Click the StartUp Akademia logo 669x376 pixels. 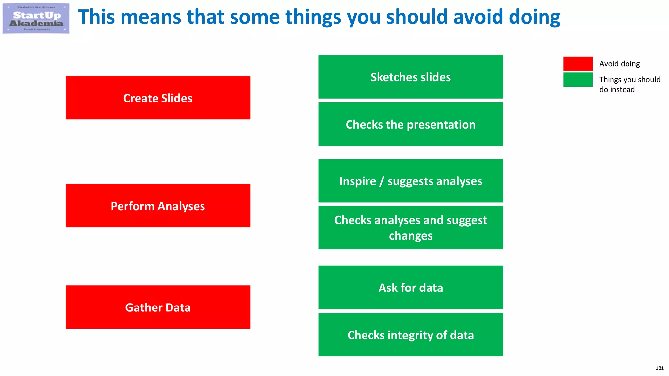tap(36, 19)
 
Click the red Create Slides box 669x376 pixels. tap(158, 98)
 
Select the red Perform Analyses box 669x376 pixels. tap(158, 206)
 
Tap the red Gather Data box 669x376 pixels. tap(158, 307)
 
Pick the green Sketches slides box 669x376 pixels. tap(411, 77)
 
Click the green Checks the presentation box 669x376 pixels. tap(411, 124)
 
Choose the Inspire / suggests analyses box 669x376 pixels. tap(411, 181)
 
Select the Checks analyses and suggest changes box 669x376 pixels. tap(411, 228)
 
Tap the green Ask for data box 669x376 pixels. tap(411, 288)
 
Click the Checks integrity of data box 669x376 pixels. tap(411, 335)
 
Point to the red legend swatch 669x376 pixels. tap(578, 64)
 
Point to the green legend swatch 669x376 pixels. tap(578, 80)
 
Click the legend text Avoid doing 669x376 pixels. tap(619, 64)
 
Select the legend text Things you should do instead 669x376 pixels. tap(629, 85)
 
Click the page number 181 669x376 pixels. tap(659, 368)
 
